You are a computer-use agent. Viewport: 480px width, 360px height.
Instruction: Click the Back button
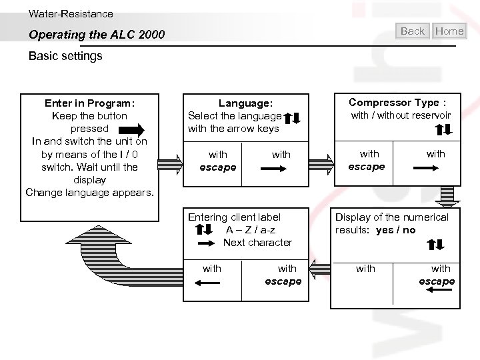click(413, 31)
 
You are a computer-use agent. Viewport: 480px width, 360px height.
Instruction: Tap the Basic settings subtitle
click(65, 56)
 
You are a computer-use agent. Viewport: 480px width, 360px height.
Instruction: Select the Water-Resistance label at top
click(71, 13)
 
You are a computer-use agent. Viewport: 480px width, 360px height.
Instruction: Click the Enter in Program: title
click(89, 103)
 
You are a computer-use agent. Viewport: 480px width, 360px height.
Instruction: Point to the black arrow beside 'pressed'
click(140, 129)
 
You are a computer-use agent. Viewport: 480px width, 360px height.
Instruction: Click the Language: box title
click(245, 103)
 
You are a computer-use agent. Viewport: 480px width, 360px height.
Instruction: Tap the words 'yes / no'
click(395, 230)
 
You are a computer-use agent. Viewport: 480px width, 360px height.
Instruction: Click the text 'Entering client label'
click(234, 217)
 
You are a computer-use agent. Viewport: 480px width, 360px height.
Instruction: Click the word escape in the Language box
click(218, 167)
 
